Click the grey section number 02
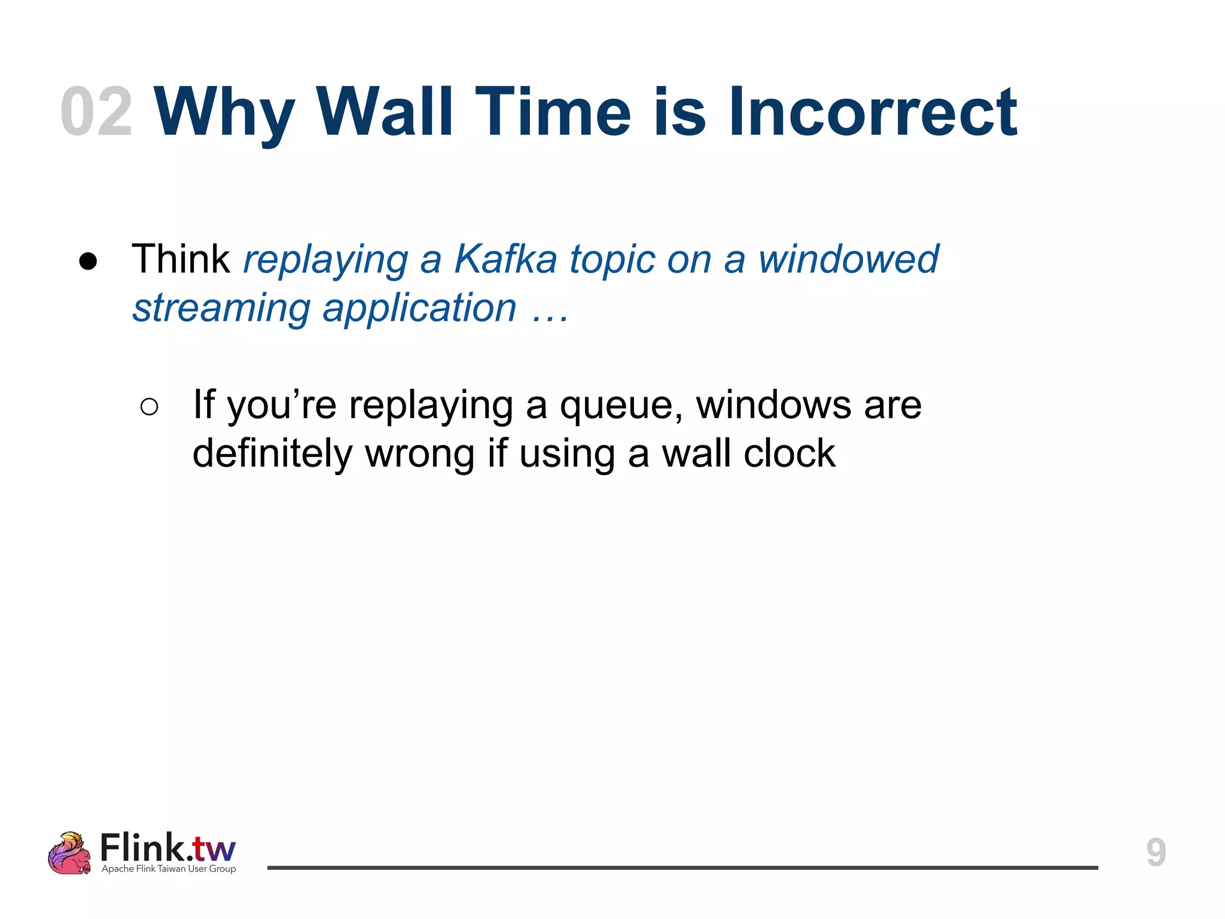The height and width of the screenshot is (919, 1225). [x=96, y=112]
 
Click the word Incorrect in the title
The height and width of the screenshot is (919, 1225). [x=872, y=112]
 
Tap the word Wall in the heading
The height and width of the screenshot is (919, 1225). [x=385, y=112]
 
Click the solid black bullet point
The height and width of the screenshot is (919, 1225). [x=88, y=261]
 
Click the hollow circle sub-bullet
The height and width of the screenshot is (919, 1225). [x=149, y=407]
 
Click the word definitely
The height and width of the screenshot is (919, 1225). [x=272, y=454]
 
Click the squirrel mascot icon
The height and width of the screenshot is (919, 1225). [x=69, y=853]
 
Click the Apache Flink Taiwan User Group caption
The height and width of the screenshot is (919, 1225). [x=169, y=869]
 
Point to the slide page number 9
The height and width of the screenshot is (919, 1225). [x=1156, y=852]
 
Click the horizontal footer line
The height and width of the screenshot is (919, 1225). [x=682, y=867]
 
